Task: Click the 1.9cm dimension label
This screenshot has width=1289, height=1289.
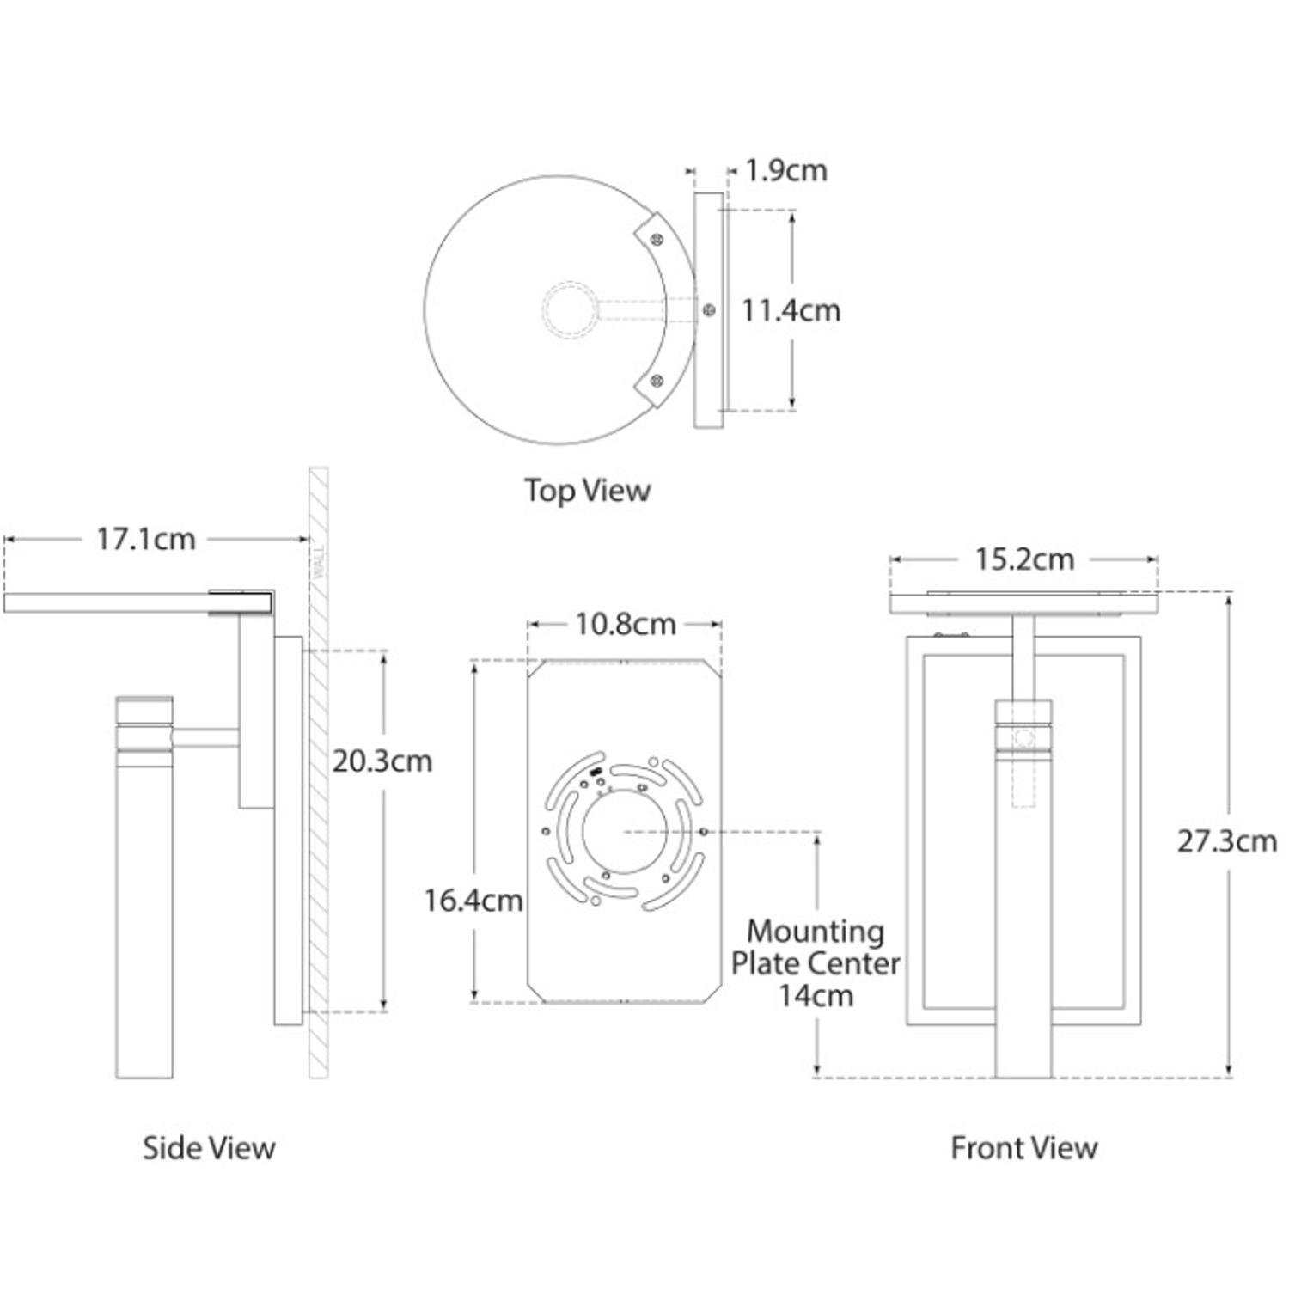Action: (x=785, y=170)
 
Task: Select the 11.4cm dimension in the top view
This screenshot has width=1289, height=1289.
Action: (x=791, y=309)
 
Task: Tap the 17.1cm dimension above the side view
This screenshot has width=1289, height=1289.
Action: (x=146, y=539)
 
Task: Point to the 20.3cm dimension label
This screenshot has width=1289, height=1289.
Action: (x=382, y=761)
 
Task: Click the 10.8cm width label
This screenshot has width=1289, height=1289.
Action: (x=625, y=624)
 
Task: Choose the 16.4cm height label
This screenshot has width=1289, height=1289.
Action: (x=473, y=900)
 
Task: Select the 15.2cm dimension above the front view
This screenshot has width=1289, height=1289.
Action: (x=1024, y=559)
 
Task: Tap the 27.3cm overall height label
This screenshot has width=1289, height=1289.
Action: (x=1226, y=840)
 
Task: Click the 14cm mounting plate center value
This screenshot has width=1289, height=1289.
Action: (x=816, y=995)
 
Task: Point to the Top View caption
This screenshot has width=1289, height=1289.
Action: (x=588, y=490)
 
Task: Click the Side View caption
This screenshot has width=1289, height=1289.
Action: (x=209, y=1147)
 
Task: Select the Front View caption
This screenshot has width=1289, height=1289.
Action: (x=1023, y=1147)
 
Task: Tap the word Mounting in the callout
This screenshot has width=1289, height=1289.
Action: (x=815, y=931)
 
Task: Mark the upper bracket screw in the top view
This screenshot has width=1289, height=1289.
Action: (x=657, y=239)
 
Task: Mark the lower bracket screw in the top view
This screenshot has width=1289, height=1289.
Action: (x=657, y=380)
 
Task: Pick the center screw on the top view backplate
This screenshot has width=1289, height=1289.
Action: (x=708, y=310)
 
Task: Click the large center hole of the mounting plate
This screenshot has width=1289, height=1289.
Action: (x=624, y=832)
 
